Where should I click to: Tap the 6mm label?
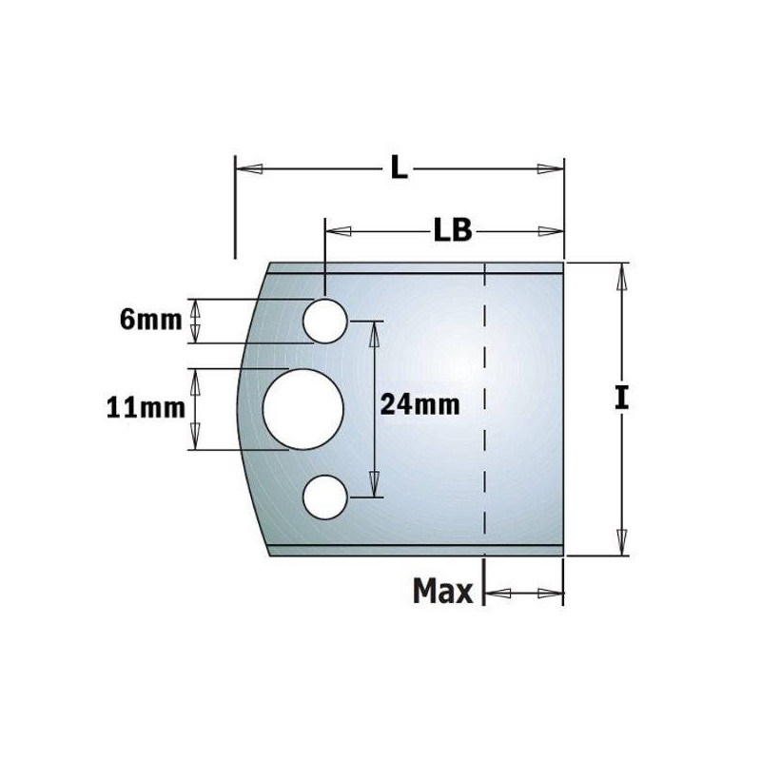[x=150, y=320]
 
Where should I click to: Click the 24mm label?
[x=419, y=404]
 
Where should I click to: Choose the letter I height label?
[x=621, y=398]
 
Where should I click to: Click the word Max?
[x=442, y=593]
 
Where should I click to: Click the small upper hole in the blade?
[x=324, y=321]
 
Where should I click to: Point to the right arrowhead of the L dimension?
[x=549, y=169]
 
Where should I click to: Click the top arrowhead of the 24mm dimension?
[x=374, y=332]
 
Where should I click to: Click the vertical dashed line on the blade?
[x=484, y=409]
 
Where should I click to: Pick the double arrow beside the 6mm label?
[x=197, y=321]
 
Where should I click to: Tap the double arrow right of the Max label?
[x=524, y=594]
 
